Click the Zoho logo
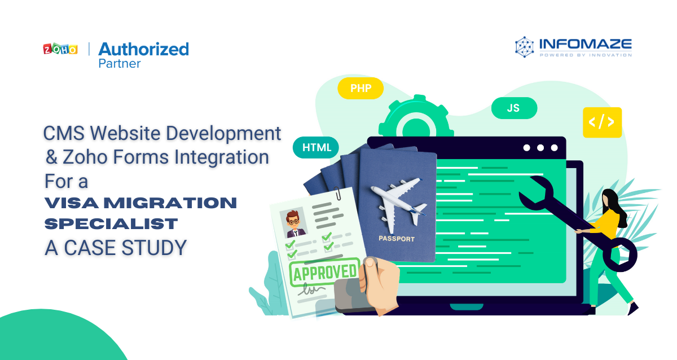coord(60,49)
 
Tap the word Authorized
coord(143,49)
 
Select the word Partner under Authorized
coord(120,64)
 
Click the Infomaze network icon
coord(524,47)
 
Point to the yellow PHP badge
coord(361,88)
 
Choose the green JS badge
coord(514,108)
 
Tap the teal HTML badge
coord(316,147)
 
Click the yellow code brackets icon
coord(602,122)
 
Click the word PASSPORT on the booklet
coord(397,239)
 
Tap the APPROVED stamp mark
coord(324,272)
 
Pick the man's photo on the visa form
coord(293,223)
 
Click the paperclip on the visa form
coord(337,194)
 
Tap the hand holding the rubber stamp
coord(379,283)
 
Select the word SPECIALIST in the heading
coord(111,224)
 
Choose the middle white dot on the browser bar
coord(540,148)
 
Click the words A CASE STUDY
coord(116,248)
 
